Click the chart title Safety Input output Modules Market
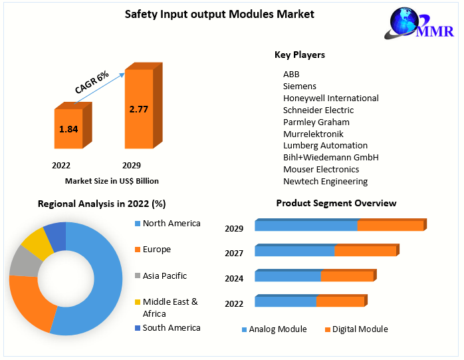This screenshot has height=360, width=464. coord(209,14)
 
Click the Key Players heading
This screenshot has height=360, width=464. coord(299,55)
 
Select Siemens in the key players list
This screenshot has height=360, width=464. coord(299,86)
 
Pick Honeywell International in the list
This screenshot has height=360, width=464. coord(330,98)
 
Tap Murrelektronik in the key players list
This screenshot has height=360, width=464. coord(313,134)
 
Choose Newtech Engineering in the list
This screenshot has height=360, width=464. coord(325,181)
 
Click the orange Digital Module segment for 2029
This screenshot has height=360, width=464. coord(390,226)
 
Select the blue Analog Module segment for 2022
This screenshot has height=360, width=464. coord(285,301)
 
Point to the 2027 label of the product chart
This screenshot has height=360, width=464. coord(234,253)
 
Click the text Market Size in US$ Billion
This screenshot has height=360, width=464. coord(112,181)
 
